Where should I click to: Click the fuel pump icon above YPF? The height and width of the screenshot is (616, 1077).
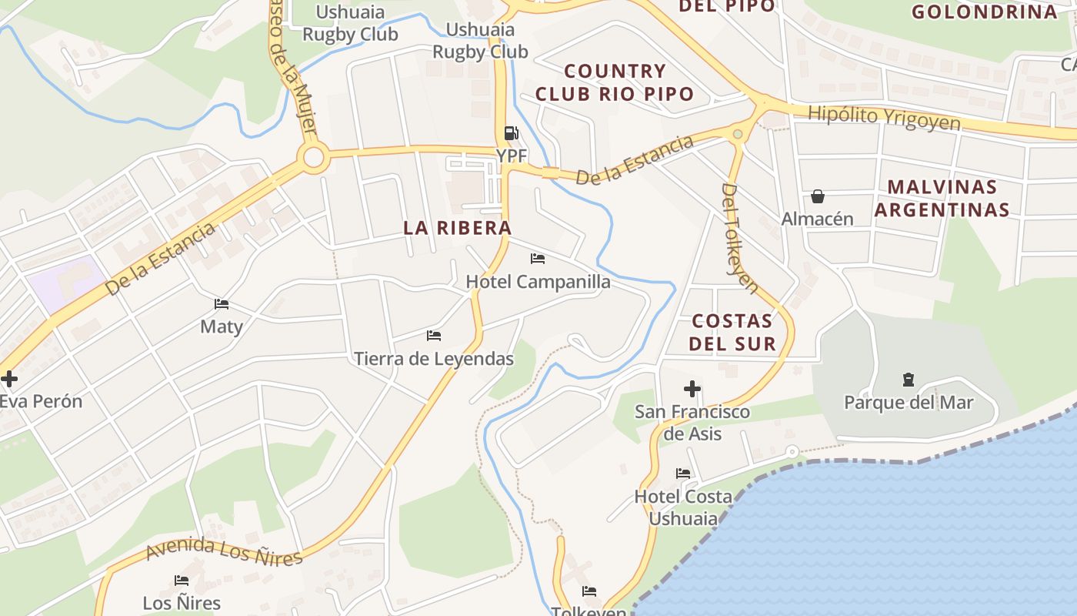(x=511, y=134)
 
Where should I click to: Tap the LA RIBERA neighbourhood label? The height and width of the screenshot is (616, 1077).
(x=458, y=228)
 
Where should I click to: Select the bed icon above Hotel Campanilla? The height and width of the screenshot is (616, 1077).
(x=538, y=259)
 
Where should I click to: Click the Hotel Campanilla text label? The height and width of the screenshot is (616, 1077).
(x=538, y=282)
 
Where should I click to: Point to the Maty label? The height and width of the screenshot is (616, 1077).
(x=222, y=326)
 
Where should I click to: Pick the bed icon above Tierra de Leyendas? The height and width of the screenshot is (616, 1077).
(x=434, y=336)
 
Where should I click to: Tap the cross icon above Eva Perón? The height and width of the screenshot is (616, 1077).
(x=9, y=379)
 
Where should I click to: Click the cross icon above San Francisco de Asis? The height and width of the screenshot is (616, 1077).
(x=692, y=390)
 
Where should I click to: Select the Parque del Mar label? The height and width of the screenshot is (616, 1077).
(x=909, y=403)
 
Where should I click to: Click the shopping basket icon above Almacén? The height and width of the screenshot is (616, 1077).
(x=818, y=197)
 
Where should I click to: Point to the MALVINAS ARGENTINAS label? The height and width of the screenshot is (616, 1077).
(x=942, y=199)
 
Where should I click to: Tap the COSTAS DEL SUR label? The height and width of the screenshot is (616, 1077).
(x=732, y=332)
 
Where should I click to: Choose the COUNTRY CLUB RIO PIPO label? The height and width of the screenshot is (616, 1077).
(x=615, y=82)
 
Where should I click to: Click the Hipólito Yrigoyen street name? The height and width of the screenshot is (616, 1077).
(x=885, y=118)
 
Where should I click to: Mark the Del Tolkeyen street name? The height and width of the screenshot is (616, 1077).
(x=740, y=238)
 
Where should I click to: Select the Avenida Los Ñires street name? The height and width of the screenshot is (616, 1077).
(x=224, y=551)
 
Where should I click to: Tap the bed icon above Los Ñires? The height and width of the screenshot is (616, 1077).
(x=182, y=581)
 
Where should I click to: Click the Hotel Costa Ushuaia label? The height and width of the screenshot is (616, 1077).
(x=683, y=507)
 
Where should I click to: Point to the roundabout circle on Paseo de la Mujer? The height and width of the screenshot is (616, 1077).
(x=314, y=158)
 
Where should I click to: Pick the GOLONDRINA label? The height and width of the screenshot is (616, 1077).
(x=985, y=12)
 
